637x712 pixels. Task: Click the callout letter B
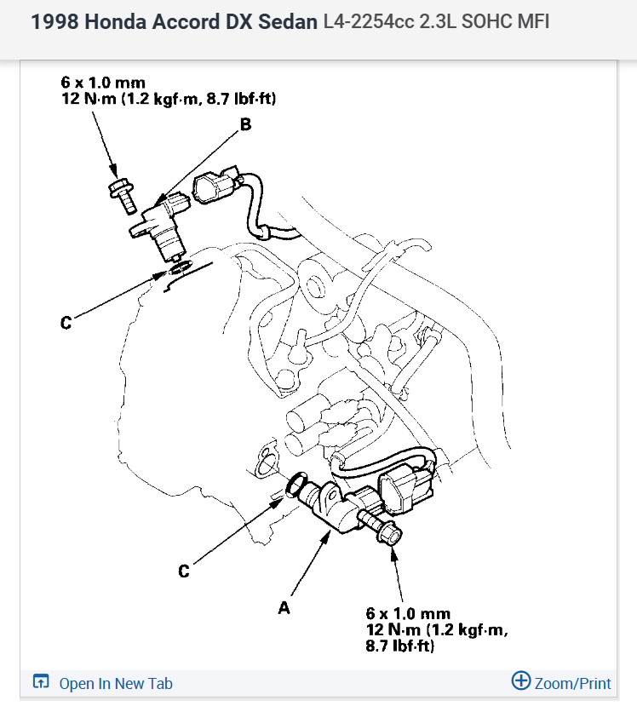click(x=246, y=124)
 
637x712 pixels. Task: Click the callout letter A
click(x=284, y=607)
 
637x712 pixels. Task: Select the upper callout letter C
click(x=66, y=323)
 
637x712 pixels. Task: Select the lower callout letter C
click(x=183, y=571)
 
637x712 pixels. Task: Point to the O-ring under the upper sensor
click(x=180, y=268)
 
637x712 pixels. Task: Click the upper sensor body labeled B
click(x=161, y=226)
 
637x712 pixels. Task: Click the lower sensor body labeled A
click(x=336, y=510)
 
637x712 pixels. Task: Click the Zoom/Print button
click(x=561, y=682)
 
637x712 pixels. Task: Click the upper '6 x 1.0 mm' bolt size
click(x=101, y=83)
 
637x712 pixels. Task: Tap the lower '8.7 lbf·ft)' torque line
click(x=399, y=646)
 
